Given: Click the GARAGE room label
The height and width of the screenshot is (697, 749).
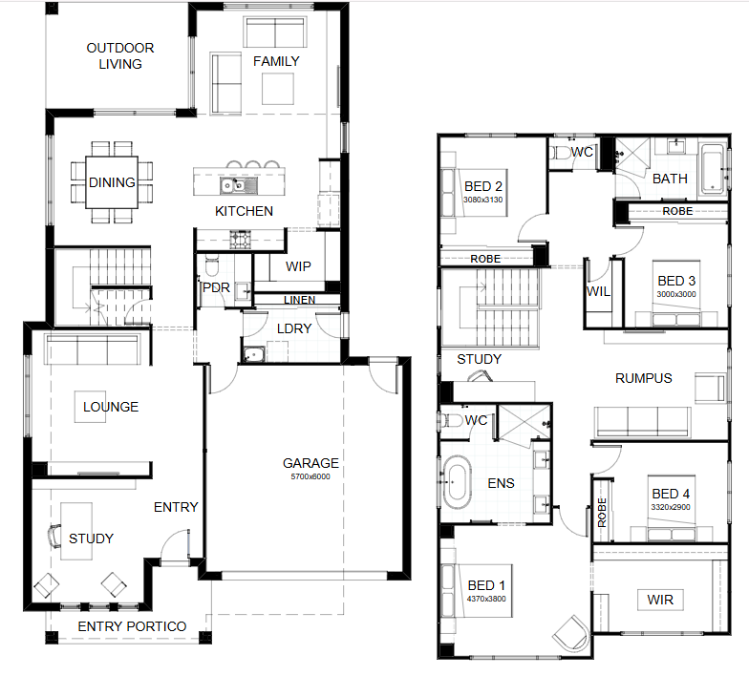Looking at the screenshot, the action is pyautogui.click(x=310, y=463).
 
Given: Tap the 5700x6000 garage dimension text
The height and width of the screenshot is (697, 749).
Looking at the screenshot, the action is pyautogui.click(x=310, y=476).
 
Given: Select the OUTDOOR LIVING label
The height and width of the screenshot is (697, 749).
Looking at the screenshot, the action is pyautogui.click(x=120, y=55).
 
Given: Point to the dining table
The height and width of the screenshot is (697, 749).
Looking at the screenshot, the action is pyautogui.click(x=112, y=182).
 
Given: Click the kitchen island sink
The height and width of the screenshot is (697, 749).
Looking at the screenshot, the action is pyautogui.click(x=239, y=185).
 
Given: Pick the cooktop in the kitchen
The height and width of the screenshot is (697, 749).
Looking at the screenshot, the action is pyautogui.click(x=241, y=239).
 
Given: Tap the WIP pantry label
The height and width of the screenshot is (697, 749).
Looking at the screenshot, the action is pyautogui.click(x=298, y=266).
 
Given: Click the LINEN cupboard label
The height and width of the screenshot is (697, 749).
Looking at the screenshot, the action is pyautogui.click(x=300, y=300).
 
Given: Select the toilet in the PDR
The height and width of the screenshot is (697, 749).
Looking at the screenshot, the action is pyautogui.click(x=211, y=265).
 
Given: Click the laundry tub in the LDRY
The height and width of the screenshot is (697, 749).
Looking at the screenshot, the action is pyautogui.click(x=254, y=354).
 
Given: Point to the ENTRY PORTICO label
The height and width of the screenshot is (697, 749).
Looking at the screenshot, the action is pyautogui.click(x=132, y=626).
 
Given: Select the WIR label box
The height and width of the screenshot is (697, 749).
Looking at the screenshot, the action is pyautogui.click(x=660, y=600).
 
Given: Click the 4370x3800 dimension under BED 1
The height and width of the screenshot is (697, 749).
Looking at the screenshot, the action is pyautogui.click(x=486, y=599).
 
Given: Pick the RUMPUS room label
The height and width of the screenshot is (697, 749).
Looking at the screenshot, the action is pyautogui.click(x=644, y=378).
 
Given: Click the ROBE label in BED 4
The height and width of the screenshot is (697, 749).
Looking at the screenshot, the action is pyautogui.click(x=602, y=512).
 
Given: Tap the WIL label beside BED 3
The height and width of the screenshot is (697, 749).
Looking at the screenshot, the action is pyautogui.click(x=598, y=291).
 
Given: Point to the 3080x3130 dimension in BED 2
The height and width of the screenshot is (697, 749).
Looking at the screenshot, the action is pyautogui.click(x=483, y=200).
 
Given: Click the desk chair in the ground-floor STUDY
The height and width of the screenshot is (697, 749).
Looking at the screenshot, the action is pyautogui.click(x=55, y=536).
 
